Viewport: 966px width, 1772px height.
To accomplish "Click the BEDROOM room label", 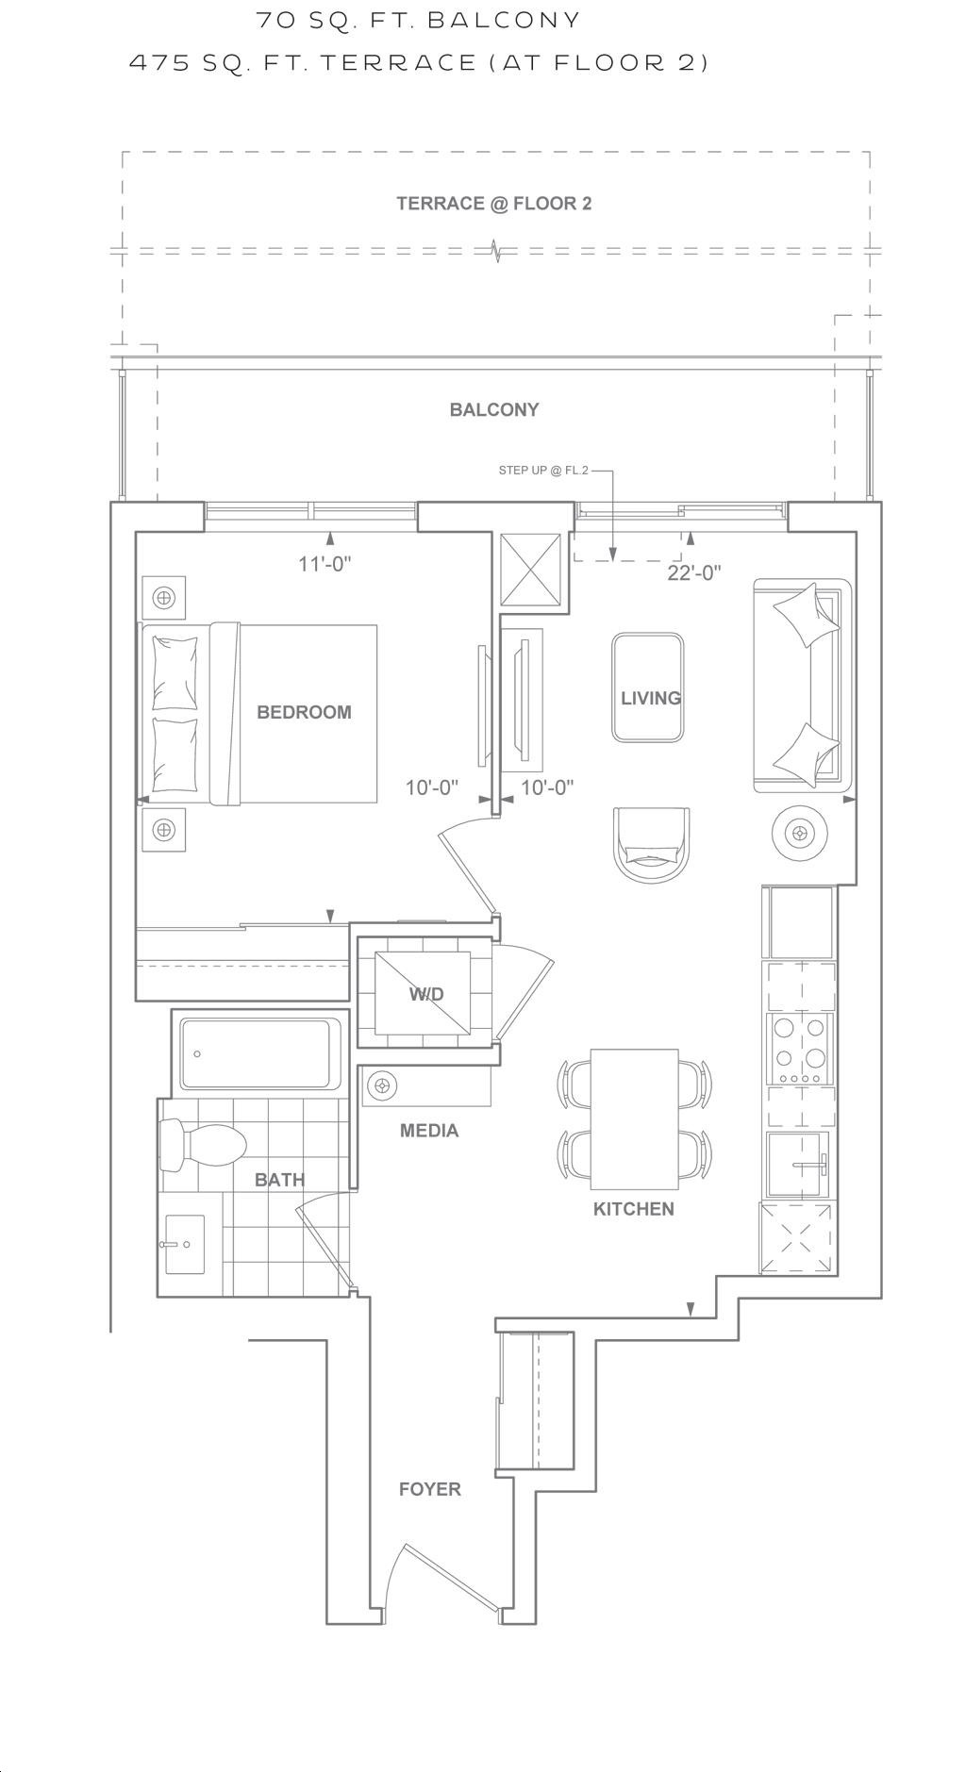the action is coord(304,712).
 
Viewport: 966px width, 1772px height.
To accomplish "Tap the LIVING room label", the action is coord(651,698).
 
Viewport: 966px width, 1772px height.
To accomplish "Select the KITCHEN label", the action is coord(633,1209).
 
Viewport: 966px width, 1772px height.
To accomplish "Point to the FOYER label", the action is coord(430,1489).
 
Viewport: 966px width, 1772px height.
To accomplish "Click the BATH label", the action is coord(279,1180).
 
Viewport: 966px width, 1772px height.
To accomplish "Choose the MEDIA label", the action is coord(429,1131).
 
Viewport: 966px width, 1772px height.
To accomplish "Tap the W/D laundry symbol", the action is coord(424,993).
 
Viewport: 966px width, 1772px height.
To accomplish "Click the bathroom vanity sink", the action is coord(185,1244).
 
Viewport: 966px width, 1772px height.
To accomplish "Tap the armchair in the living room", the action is coord(651,845).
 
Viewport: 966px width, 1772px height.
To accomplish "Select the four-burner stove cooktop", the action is coord(801,1048).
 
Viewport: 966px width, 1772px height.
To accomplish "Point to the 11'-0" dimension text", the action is coord(325,565).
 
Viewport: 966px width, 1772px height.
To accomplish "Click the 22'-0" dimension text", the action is coord(694,572).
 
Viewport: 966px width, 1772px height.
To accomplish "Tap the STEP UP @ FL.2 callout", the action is coord(543,471).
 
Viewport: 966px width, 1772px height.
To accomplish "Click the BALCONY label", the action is coord(494,409).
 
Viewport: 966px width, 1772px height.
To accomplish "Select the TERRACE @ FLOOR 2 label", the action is coord(494,204).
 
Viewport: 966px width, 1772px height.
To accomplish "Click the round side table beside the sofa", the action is coord(801,833).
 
